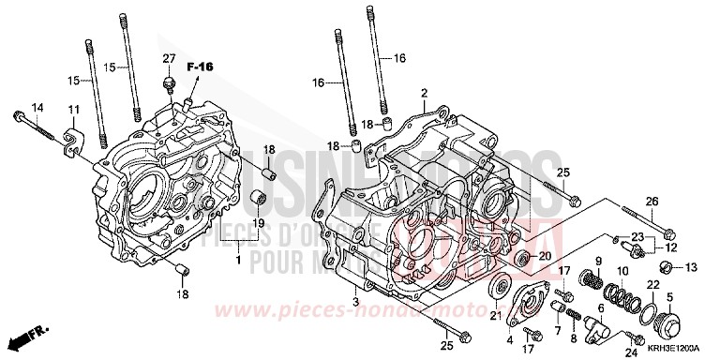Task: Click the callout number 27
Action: (x=169, y=59)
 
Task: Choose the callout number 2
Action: (x=424, y=94)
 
